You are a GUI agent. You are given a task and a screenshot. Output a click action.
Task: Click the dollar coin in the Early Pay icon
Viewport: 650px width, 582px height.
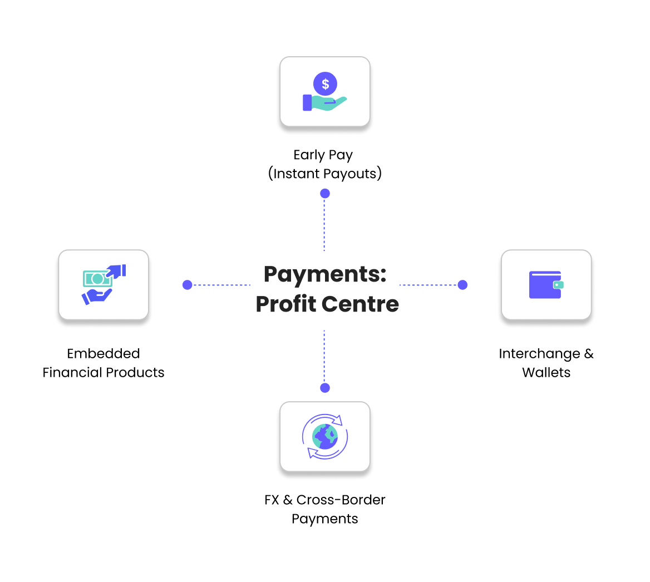click(325, 84)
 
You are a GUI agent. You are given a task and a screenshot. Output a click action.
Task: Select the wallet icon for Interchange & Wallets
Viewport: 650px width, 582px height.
click(546, 285)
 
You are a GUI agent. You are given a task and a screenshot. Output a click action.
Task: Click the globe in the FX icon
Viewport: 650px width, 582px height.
click(325, 436)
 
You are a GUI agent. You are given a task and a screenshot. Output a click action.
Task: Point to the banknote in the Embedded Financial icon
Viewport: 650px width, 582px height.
click(97, 278)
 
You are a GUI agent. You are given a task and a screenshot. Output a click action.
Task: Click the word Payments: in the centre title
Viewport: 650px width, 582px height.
click(325, 274)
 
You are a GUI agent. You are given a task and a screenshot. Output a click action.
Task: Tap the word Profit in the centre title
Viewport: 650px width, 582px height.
click(284, 304)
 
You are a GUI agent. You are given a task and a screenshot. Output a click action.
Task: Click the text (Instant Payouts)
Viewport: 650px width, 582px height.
click(325, 174)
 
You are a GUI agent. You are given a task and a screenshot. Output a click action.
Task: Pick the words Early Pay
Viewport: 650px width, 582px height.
click(323, 155)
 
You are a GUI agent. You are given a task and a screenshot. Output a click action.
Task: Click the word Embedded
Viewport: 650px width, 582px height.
click(104, 353)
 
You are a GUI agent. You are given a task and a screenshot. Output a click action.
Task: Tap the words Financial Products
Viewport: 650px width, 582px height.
click(104, 372)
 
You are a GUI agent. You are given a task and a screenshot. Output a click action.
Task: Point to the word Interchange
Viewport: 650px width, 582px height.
click(539, 354)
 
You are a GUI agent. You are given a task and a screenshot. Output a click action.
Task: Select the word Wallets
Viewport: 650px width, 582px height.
click(546, 372)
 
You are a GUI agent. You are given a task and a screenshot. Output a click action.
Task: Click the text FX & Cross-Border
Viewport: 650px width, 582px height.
click(325, 500)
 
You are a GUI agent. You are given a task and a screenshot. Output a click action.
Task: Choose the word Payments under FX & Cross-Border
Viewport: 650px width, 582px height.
click(325, 519)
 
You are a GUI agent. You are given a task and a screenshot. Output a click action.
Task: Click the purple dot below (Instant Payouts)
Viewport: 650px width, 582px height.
click(325, 194)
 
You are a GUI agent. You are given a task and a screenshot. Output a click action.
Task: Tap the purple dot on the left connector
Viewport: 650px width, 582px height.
click(188, 285)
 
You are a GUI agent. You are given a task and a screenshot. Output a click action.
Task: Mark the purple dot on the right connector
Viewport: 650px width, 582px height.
click(462, 285)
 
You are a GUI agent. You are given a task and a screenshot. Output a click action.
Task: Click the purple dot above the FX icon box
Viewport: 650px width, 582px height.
click(325, 388)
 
